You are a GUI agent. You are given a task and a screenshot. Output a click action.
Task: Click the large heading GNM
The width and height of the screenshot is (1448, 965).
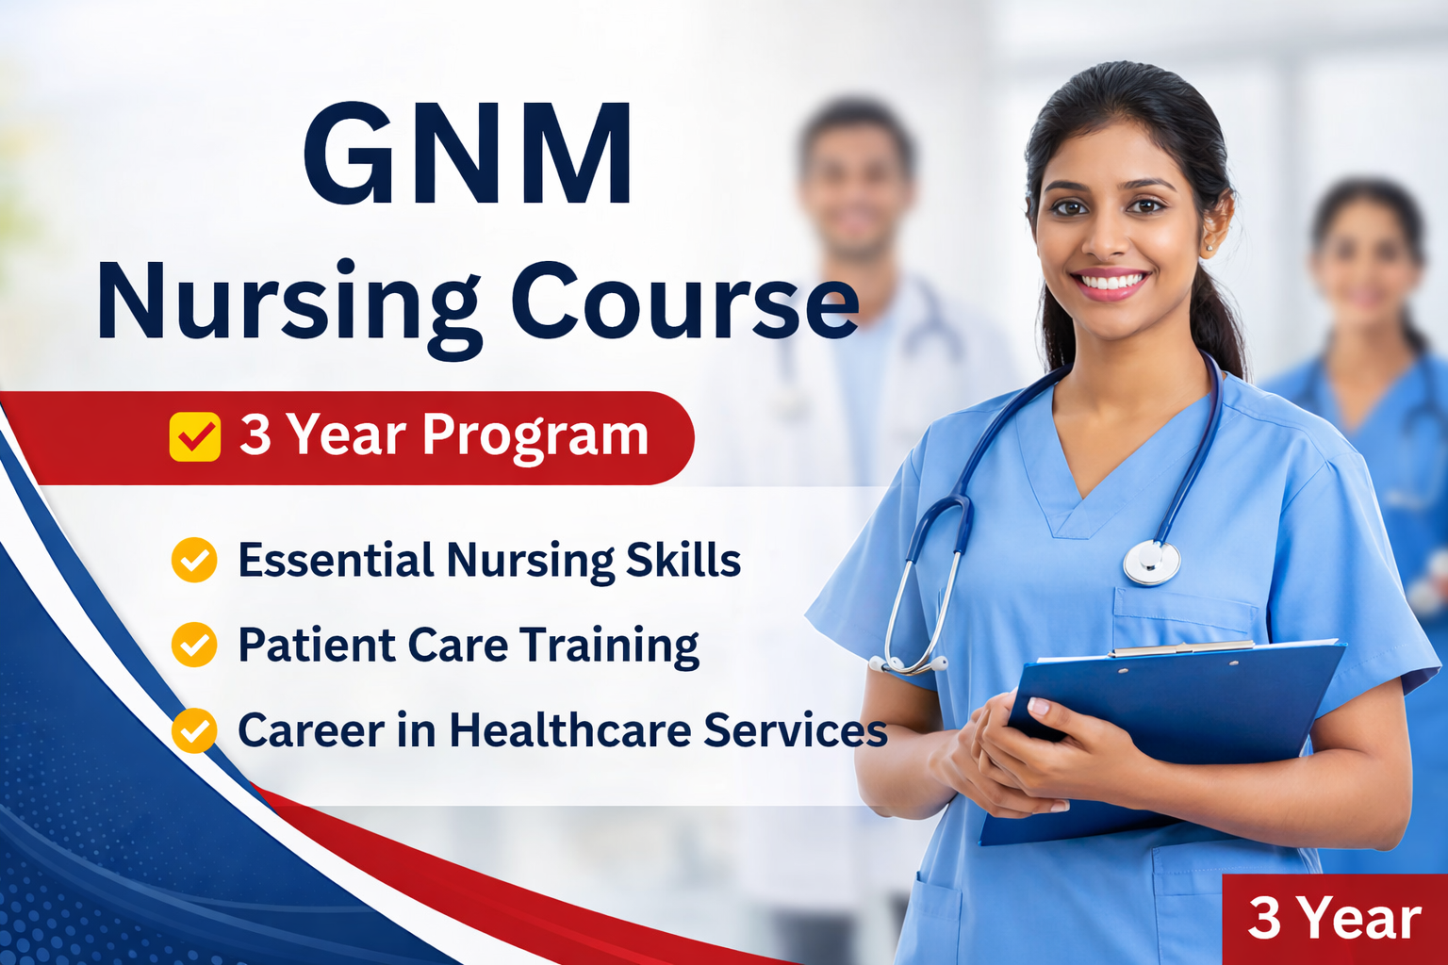[468, 154]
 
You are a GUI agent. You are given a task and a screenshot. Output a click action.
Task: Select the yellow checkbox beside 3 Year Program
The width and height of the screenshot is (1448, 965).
[194, 437]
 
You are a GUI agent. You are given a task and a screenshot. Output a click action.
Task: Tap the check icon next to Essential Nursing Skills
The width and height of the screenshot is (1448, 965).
[194, 560]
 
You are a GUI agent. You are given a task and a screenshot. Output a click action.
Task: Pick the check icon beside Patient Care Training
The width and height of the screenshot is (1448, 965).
[194, 645]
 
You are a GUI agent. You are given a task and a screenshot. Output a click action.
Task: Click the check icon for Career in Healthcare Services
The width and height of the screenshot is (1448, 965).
[194, 730]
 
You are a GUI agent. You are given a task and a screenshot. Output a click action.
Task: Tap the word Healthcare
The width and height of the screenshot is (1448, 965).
[570, 729]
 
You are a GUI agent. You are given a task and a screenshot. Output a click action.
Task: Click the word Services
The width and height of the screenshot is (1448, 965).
[796, 729]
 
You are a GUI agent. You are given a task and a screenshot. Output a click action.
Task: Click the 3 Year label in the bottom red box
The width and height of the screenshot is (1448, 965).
[1334, 919]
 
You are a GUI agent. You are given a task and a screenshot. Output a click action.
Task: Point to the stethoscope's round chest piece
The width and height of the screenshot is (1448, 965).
[1152, 563]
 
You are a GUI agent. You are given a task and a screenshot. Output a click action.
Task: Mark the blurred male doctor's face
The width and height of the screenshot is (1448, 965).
[855, 188]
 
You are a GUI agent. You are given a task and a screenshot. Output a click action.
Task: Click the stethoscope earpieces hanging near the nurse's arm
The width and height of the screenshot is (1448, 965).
[908, 664]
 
